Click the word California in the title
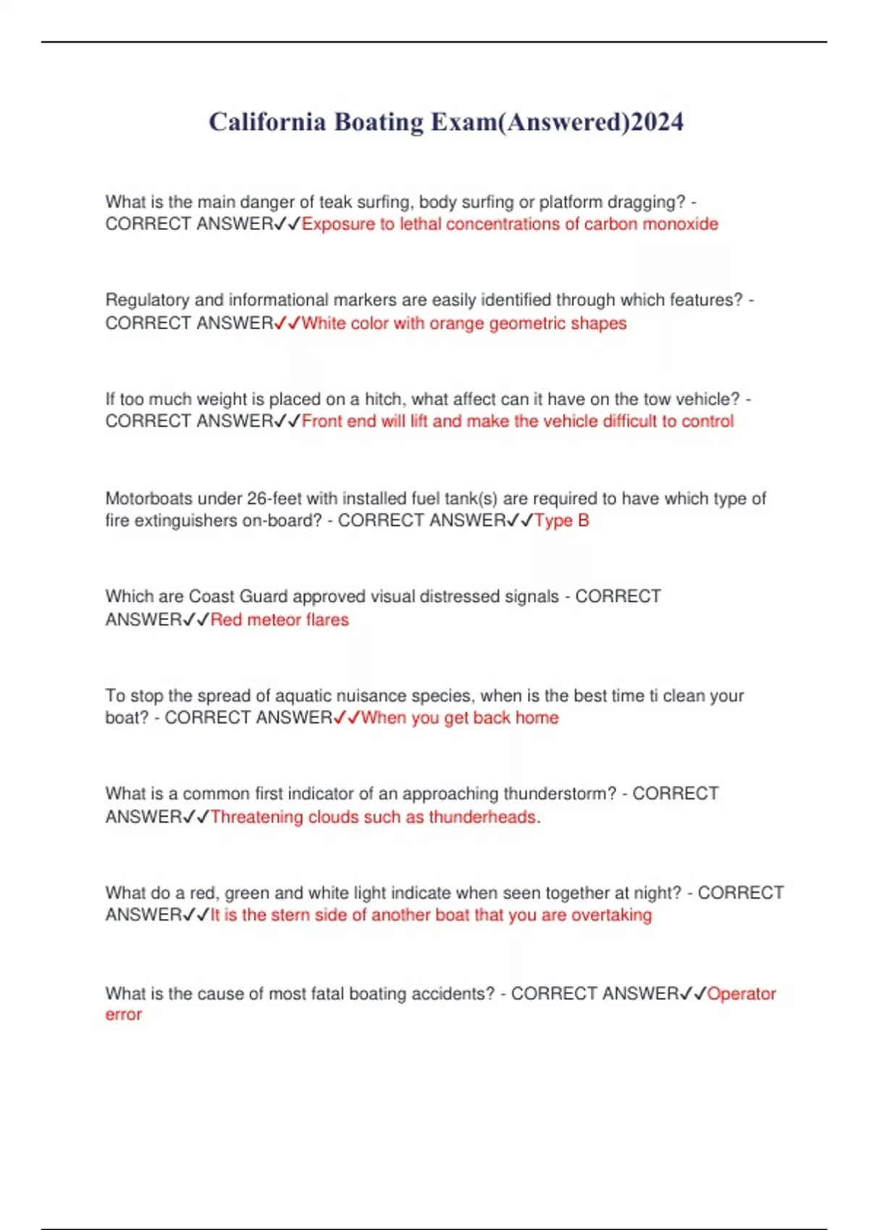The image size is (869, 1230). tap(267, 122)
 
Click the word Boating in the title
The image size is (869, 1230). tap(379, 122)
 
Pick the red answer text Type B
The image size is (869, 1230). tap(562, 521)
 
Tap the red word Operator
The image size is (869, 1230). tap(742, 994)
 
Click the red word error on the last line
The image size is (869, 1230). tap(124, 1015)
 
